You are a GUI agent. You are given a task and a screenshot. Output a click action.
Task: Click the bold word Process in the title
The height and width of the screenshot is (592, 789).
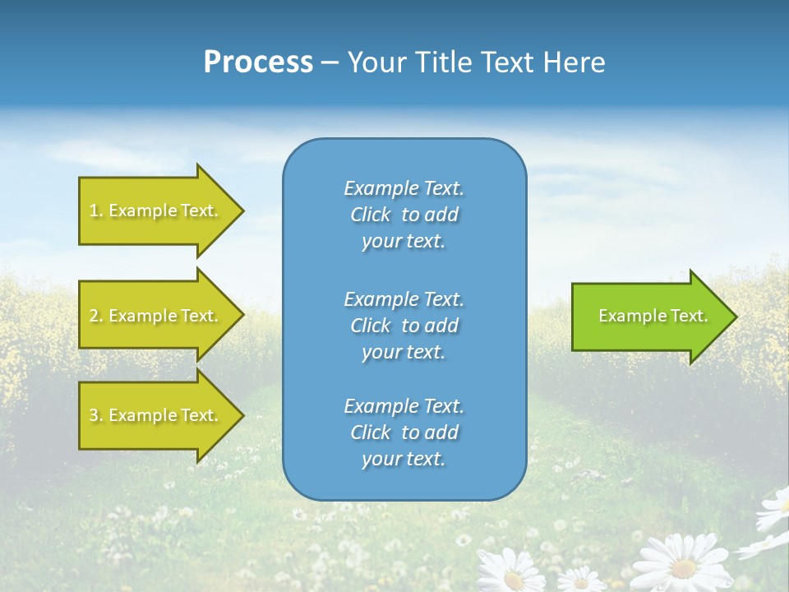[258, 62]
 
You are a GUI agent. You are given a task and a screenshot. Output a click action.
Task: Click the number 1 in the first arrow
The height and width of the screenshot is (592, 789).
[94, 210]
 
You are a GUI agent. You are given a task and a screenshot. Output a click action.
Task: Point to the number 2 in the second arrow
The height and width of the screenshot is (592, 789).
[94, 316]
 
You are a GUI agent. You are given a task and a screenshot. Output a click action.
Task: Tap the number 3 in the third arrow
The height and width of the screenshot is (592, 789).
[94, 415]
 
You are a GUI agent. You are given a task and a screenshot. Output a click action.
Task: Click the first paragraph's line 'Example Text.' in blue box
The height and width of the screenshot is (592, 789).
[404, 188]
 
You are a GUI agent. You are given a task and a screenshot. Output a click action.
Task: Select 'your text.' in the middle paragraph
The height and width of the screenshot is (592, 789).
[404, 352]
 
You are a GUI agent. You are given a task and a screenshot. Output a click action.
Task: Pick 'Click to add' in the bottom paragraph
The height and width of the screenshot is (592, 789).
[404, 432]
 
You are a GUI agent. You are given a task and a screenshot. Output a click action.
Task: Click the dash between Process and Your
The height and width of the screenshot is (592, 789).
[330, 62]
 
